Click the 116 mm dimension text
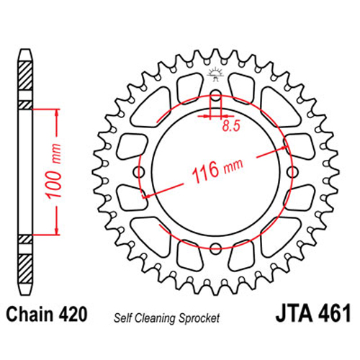tap(217, 170)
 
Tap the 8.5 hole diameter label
tap(231, 125)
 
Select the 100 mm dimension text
tap(54, 171)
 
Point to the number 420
tap(72, 314)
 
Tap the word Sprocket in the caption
tap(199, 318)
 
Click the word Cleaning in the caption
tap(155, 318)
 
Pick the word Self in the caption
tap(122, 318)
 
